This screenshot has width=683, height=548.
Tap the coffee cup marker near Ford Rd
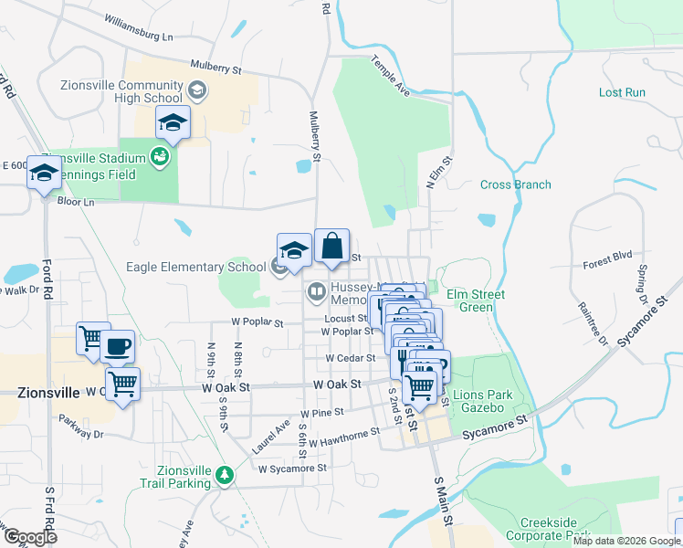click(x=118, y=347)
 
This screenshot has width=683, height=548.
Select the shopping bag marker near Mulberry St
click(x=332, y=246)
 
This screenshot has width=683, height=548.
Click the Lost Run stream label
click(x=622, y=93)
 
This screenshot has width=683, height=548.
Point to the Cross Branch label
click(x=516, y=184)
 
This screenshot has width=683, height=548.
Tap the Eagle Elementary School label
click(x=195, y=267)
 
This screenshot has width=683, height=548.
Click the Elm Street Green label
click(x=475, y=300)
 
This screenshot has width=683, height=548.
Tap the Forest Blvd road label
click(x=607, y=265)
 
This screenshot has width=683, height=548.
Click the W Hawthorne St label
click(x=343, y=437)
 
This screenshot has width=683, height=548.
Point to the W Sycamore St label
click(x=292, y=469)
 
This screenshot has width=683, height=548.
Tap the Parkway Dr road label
click(x=79, y=435)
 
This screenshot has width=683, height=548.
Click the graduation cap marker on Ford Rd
click(x=44, y=173)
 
